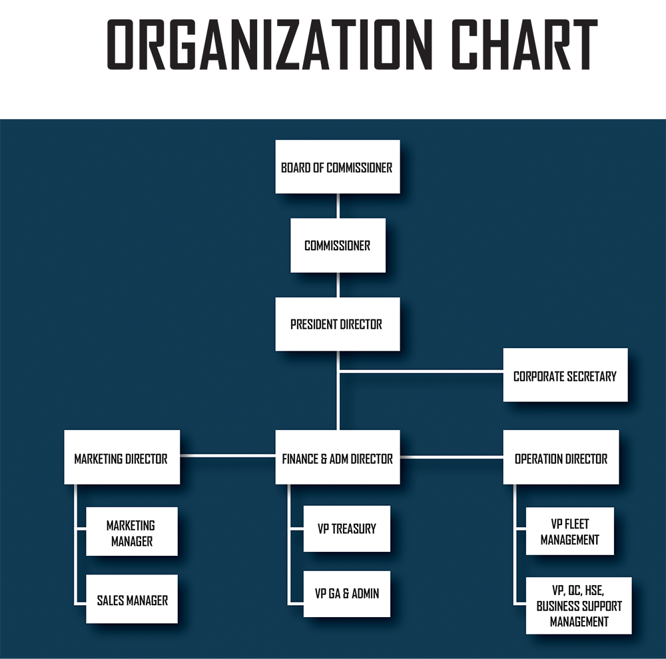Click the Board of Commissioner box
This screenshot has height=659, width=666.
coord(338,167)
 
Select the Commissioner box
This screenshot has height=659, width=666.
coord(338,246)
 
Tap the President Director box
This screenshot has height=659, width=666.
coord(338,324)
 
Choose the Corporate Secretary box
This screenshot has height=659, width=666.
coord(565,375)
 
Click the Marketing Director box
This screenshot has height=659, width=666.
coord(122,457)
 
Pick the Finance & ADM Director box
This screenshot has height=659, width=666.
coord(338,457)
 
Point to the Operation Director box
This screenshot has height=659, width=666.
coord(561,457)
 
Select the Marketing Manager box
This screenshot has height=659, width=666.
coord(132,531)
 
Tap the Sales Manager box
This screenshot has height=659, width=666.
coord(132,598)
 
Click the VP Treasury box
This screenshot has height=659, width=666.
coord(346,529)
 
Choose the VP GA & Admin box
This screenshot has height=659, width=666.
coord(346,594)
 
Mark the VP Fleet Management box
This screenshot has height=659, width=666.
coord(570,531)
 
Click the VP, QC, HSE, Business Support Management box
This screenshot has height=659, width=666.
coord(579,606)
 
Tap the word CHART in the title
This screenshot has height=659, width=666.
coord(525,44)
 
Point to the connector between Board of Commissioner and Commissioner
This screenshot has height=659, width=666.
coord(338,206)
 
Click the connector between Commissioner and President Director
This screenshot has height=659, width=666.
coord(338,285)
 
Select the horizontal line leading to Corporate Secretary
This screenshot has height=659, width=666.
coord(422,371)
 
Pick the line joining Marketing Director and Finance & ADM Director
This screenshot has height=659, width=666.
coord(228,455)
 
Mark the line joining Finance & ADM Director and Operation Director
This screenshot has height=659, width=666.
coord(452,457)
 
